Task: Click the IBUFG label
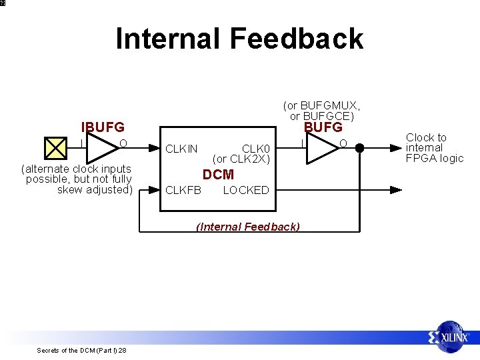click(x=103, y=127)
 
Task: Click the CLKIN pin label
click(x=181, y=149)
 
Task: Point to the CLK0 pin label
click(x=256, y=149)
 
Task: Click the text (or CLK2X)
click(x=241, y=159)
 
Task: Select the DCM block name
click(x=219, y=175)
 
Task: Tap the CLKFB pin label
click(x=183, y=190)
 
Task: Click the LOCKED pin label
click(x=246, y=190)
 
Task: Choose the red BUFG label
click(x=323, y=127)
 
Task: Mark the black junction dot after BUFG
click(x=359, y=148)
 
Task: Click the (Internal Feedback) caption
click(x=248, y=227)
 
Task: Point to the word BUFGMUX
click(x=330, y=106)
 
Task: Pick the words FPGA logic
click(x=435, y=158)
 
